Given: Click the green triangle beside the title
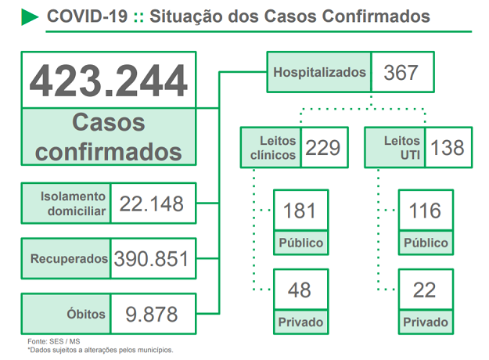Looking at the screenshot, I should [30, 16].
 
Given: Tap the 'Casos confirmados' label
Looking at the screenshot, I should [109, 136].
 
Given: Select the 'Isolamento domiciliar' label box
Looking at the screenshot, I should [67, 203].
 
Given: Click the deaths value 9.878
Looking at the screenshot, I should [152, 314].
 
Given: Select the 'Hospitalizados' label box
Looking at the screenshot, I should [319, 73].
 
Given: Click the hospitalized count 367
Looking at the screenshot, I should [401, 73].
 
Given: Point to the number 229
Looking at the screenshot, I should [322, 148].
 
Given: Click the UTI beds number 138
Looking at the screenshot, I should [447, 148].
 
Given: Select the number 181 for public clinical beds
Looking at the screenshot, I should [300, 211].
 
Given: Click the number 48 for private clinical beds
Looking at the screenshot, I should [300, 290].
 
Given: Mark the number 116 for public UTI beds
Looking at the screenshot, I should [425, 211].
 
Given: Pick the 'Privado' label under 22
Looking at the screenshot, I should [425, 322].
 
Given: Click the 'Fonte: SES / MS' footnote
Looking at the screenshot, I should [53, 341].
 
